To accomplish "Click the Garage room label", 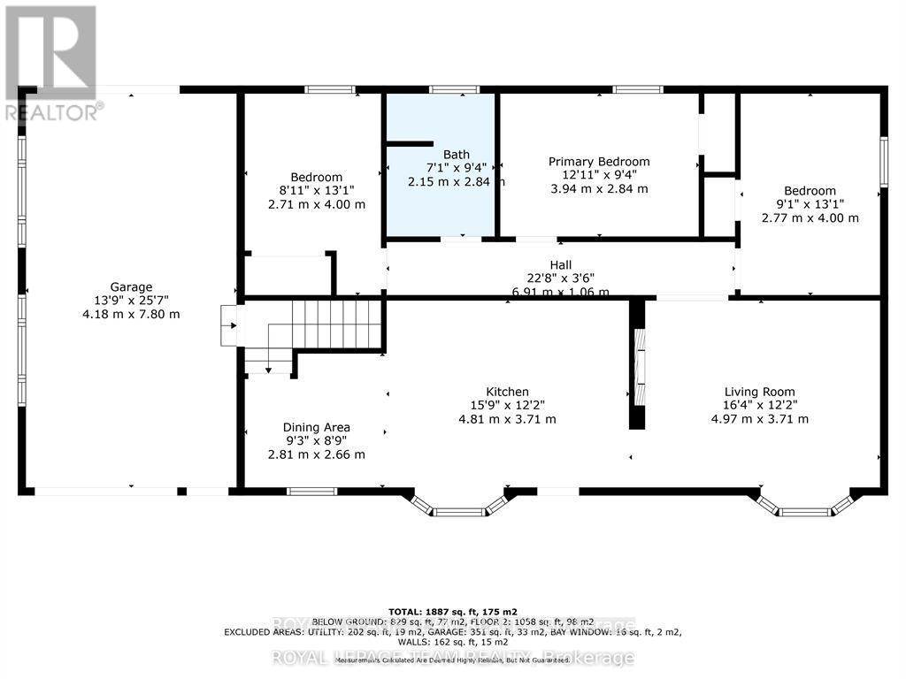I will click(131, 286).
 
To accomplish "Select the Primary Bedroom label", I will click(599, 161).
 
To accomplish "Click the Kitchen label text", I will click(507, 392).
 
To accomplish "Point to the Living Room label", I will click(759, 392).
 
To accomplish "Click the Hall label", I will click(560, 264).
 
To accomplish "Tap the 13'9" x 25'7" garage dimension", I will click(131, 301).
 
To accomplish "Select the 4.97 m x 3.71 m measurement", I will click(759, 419).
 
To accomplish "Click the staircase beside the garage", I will click(337, 325).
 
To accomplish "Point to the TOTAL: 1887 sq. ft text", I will click(453, 611).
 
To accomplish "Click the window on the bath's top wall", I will click(454, 89).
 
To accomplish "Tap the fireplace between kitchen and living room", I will click(637, 364).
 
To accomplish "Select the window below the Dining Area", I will click(311, 491).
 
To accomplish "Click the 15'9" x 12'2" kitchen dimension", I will click(507, 406).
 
